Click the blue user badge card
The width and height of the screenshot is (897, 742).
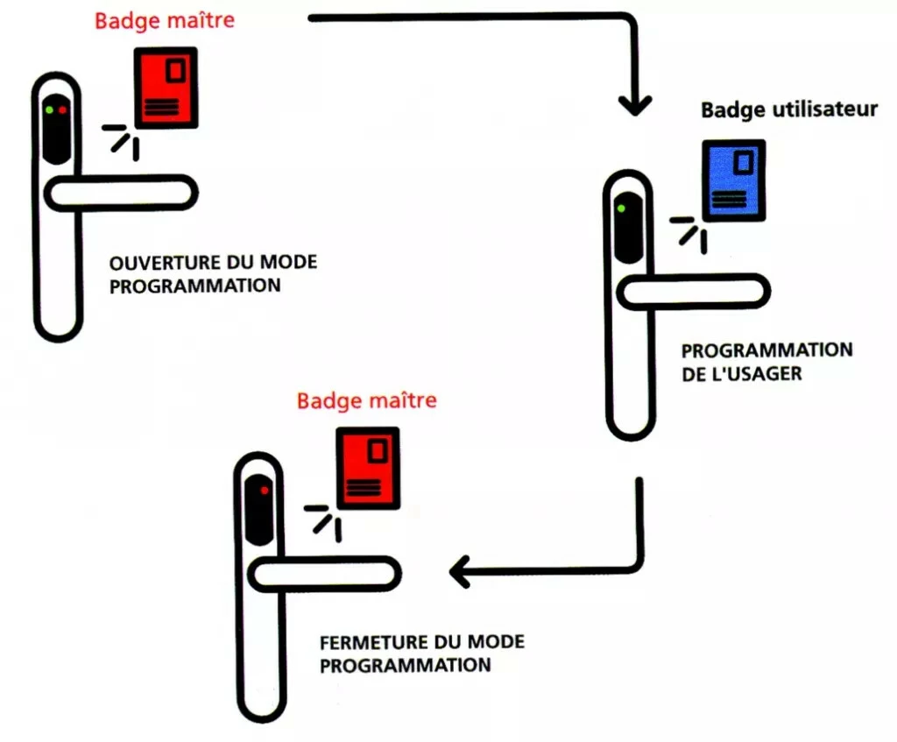733,180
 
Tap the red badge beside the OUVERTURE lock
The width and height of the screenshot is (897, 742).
165,88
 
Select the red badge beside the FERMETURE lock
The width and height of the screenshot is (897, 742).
368,467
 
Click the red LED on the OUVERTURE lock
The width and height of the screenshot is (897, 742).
62,110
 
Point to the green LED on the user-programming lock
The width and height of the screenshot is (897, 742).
620,208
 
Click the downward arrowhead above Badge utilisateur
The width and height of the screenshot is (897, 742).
634,104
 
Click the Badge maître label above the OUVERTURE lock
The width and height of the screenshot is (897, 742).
164,20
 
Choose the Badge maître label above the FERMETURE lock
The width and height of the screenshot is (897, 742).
366,401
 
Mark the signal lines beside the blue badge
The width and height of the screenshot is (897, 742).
689,231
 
